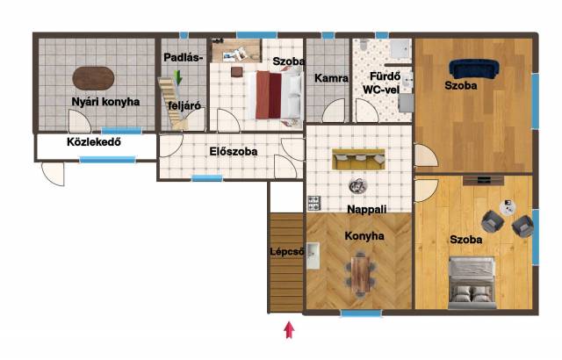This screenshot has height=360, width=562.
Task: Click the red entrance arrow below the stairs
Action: point(289,330)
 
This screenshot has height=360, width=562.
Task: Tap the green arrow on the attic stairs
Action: point(177,77)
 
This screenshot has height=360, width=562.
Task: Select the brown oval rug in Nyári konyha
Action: point(94,78)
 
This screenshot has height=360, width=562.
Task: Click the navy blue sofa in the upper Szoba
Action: point(474,69)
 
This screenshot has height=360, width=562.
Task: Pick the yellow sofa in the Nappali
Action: point(358,159)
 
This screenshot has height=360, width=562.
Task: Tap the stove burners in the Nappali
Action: point(314,203)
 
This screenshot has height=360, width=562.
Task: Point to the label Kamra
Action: point(331,78)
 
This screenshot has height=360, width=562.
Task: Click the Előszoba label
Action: point(234,151)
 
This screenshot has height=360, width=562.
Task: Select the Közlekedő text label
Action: point(94,142)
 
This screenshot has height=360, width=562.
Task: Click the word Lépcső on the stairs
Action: point(287,251)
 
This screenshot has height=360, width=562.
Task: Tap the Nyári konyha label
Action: point(105,102)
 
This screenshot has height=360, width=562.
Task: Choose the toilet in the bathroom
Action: point(364,44)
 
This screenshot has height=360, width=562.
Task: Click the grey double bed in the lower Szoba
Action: point(472,282)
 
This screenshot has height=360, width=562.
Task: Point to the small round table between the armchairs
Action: point(508,207)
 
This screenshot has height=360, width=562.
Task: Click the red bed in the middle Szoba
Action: point(275,95)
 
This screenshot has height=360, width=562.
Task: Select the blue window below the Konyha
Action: point(361,313)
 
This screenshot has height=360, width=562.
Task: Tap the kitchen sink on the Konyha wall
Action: point(313,256)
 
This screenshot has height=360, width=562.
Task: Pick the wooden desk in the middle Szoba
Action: point(236,51)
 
